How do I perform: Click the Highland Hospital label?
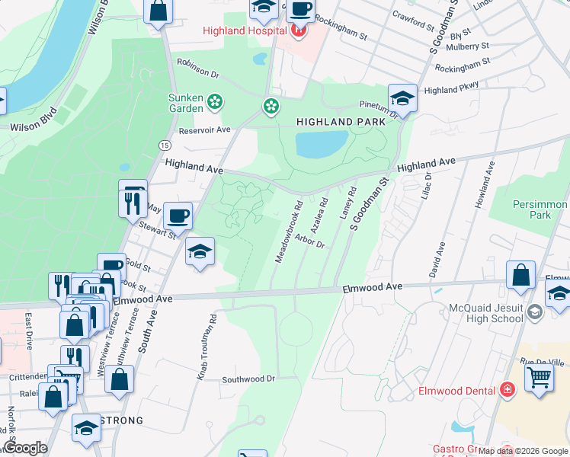(244, 30)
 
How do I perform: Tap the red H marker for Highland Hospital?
(299, 30)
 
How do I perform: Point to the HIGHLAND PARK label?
(335, 122)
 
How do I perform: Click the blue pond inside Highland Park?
(321, 142)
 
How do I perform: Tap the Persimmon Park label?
(540, 210)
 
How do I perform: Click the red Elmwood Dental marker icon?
(508, 391)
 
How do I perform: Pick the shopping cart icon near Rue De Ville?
(539, 376)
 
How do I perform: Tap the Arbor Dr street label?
(309, 241)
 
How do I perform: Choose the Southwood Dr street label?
(248, 379)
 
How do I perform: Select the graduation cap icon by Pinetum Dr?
(402, 98)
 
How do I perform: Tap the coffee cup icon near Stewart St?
(178, 216)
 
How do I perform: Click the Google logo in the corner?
(25, 448)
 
